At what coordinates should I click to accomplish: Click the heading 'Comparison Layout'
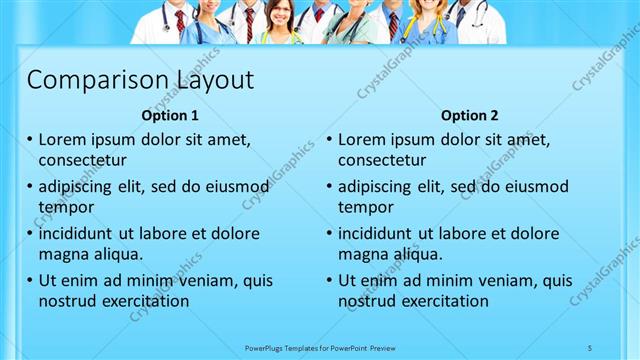140,79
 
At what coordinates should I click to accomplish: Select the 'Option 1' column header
170,116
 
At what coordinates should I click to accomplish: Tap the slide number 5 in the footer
590,347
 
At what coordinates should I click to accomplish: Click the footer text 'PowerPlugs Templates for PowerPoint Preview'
321,347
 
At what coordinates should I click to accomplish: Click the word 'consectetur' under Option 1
82,160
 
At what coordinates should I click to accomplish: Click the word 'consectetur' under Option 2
382,160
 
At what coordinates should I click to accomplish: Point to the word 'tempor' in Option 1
66,207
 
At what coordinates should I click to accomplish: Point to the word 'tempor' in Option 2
366,207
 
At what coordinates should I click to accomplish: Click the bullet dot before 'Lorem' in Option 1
28,140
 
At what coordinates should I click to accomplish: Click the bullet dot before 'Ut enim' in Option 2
328,281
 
